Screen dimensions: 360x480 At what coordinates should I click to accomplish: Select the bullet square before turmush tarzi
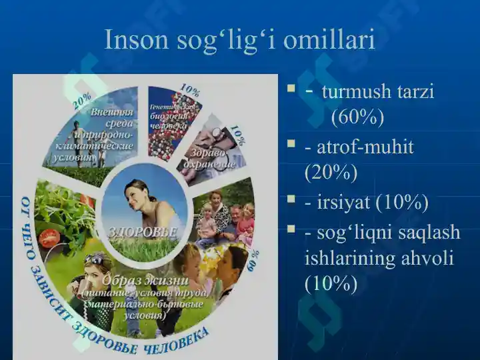point(291,88)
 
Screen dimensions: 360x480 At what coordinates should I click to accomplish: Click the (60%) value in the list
point(357,117)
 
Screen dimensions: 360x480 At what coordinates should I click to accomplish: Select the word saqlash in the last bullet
point(426,231)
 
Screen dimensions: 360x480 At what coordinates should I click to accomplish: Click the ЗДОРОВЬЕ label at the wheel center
point(143,231)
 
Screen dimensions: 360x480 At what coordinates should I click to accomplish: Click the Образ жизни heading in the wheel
point(144,279)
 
